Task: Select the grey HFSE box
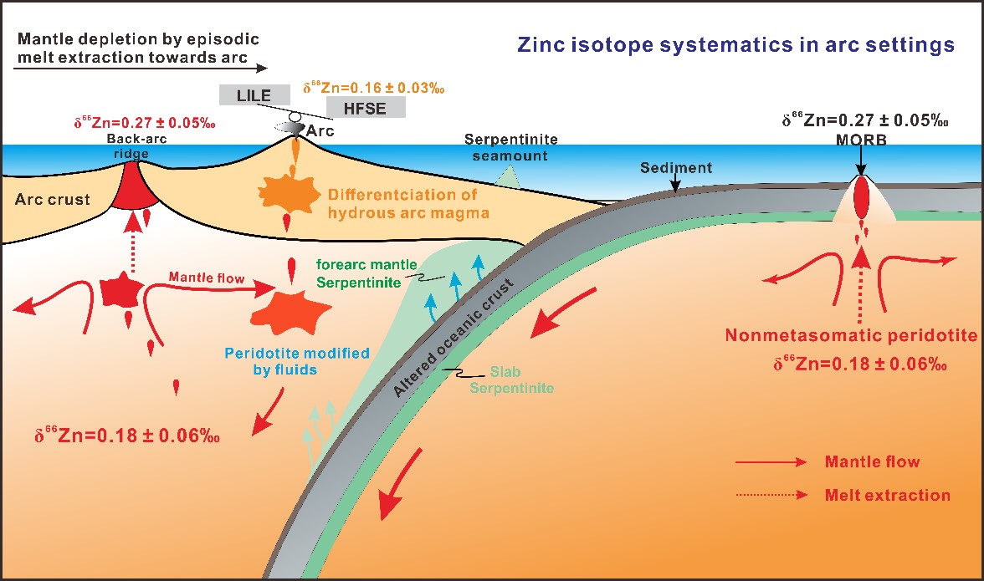(366, 107)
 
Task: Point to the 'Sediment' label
(676, 168)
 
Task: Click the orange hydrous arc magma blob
(287, 191)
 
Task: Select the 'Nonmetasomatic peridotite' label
(851, 336)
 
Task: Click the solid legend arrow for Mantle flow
(771, 462)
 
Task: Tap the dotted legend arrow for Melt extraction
(771, 495)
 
